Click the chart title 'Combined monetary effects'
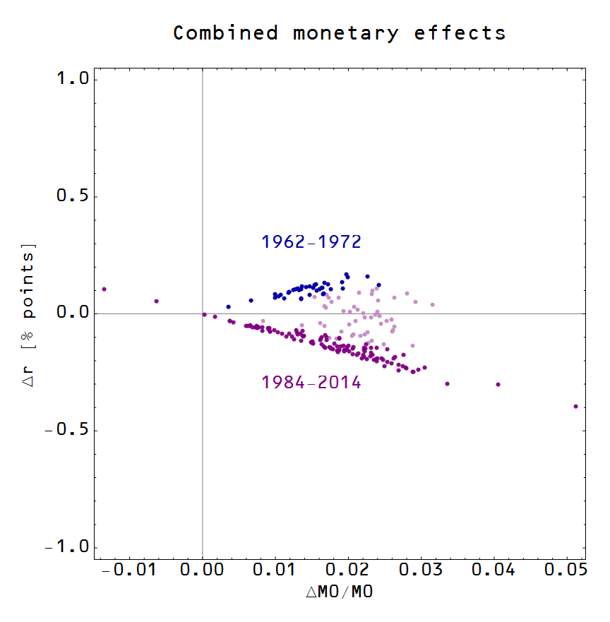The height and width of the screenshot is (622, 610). (339, 33)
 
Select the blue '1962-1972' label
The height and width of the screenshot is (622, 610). (311, 241)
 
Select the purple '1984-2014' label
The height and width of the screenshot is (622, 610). (311, 383)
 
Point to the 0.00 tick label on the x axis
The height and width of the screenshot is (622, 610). (203, 570)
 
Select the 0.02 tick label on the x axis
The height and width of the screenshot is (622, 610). (349, 570)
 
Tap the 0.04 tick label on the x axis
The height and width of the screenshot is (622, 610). (495, 570)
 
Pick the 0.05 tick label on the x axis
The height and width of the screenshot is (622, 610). (568, 570)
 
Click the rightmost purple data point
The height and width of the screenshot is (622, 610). (576, 406)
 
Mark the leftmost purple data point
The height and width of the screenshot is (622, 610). (104, 289)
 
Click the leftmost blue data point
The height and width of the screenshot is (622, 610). (228, 307)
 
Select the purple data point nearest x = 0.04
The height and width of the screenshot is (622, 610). (498, 385)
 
